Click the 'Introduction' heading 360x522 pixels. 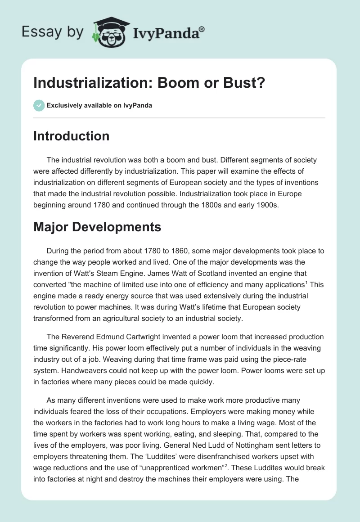point(71,136)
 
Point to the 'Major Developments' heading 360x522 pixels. point(97,227)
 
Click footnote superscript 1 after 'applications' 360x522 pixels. point(306,282)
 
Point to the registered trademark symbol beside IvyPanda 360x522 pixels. point(202,29)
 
